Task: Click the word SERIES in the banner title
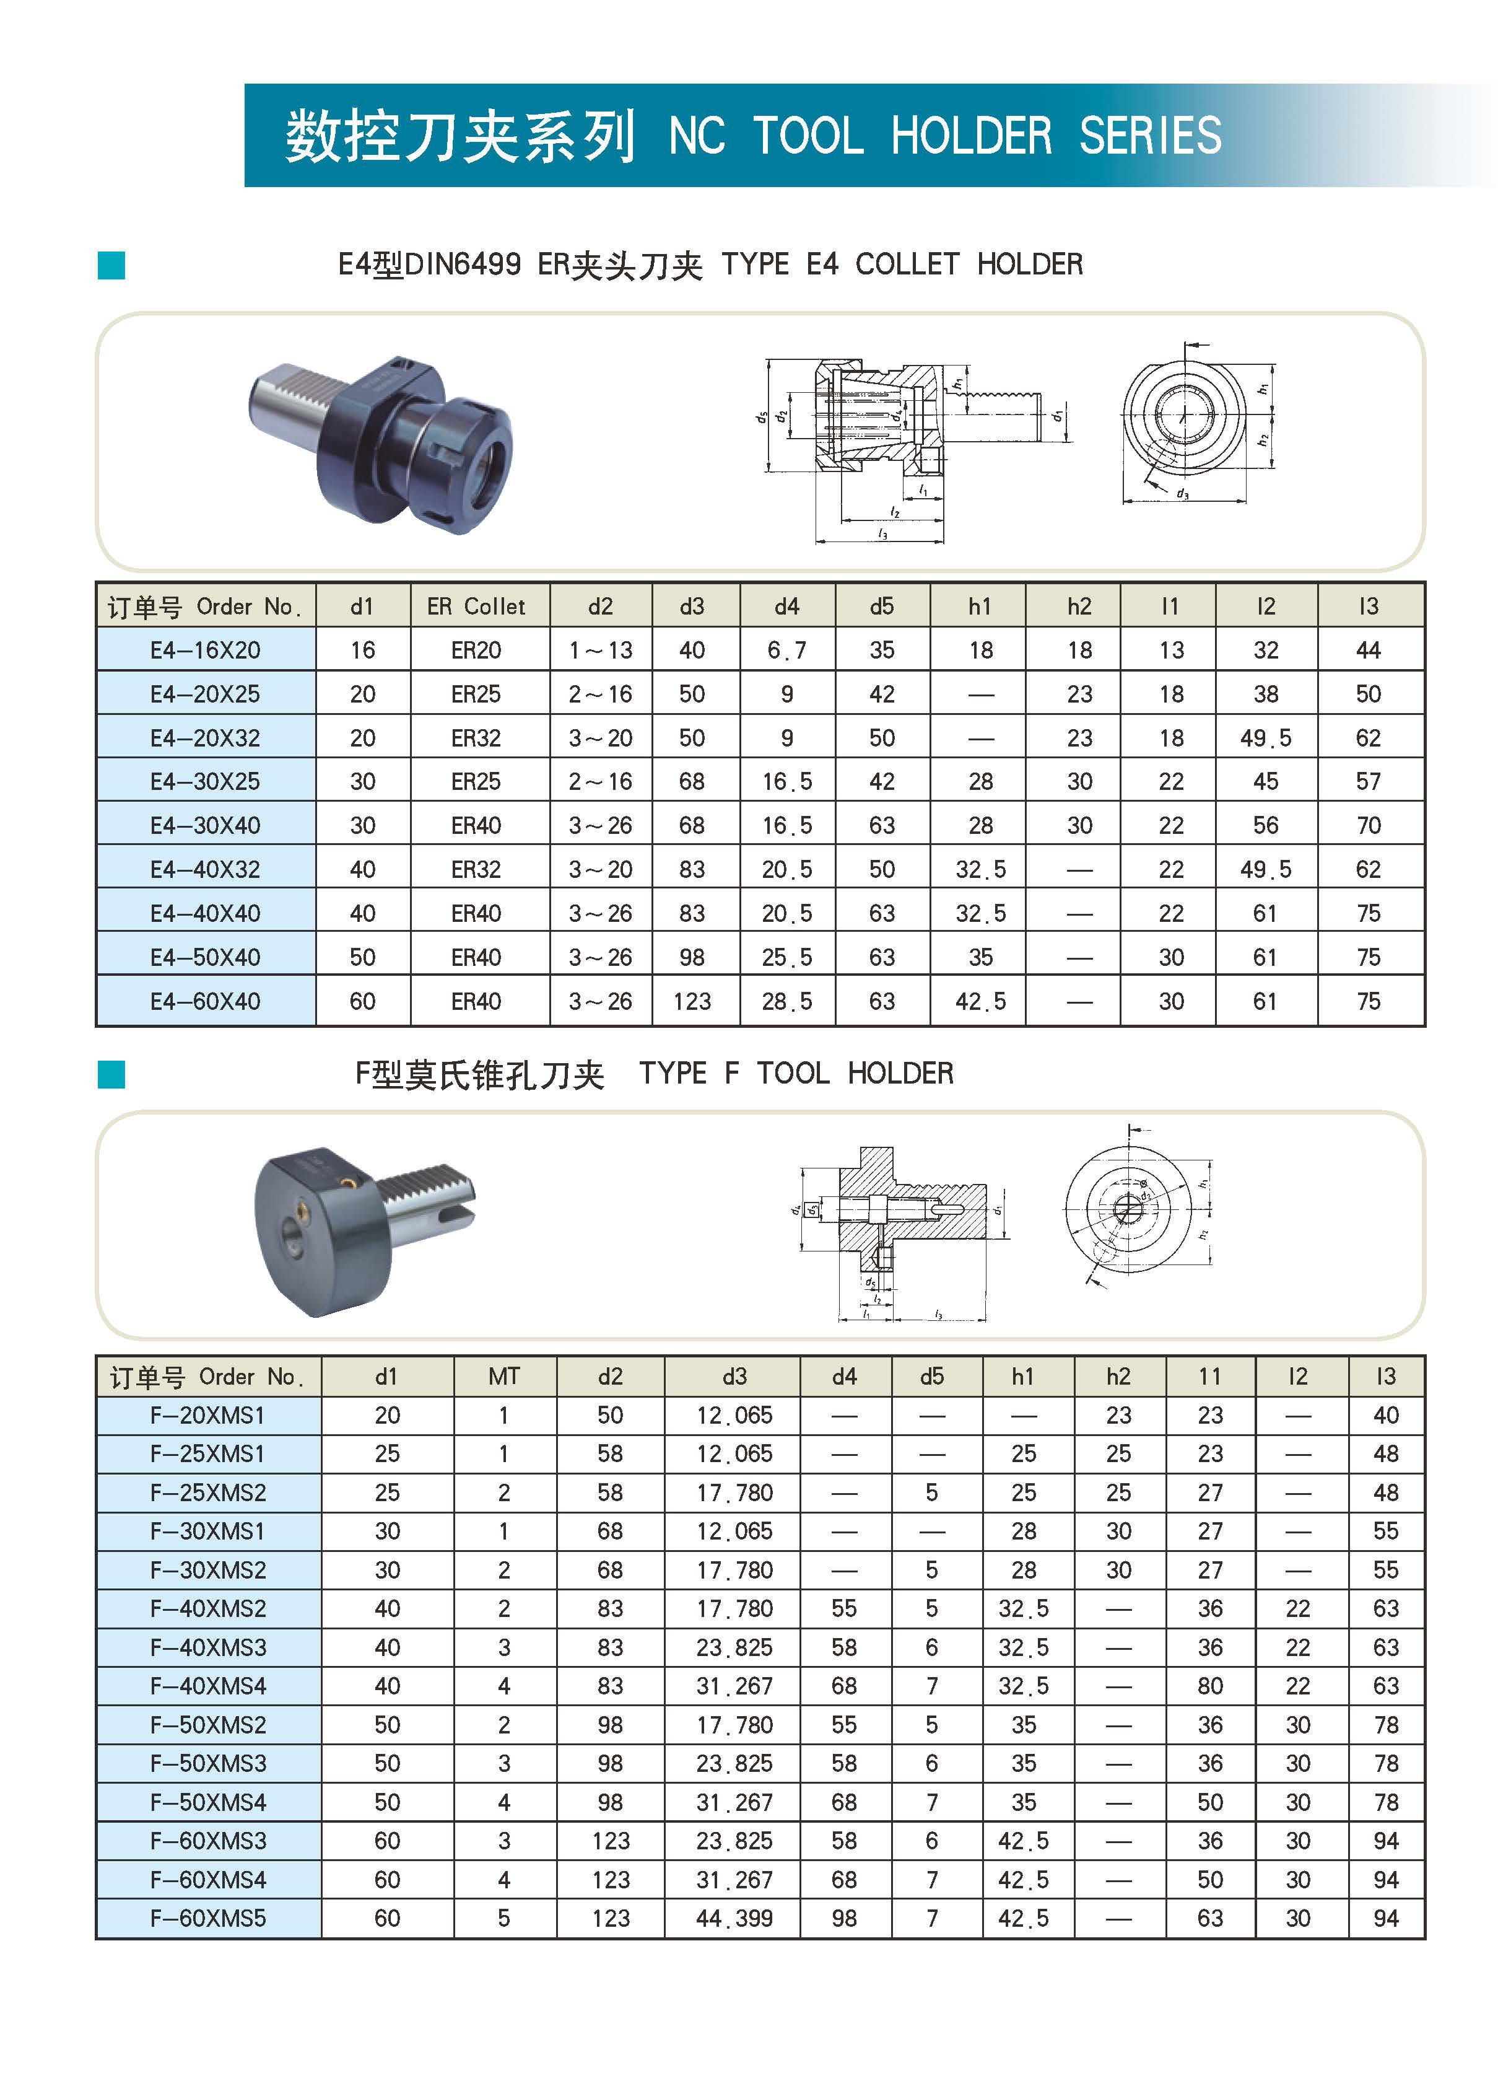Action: (x=1149, y=136)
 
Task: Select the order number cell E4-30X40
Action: (x=205, y=825)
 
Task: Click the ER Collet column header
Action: (x=476, y=606)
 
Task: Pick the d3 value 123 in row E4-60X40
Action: (x=692, y=1001)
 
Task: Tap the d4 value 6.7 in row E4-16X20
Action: (x=787, y=651)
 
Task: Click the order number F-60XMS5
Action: (x=208, y=1917)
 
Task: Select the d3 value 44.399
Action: (x=734, y=1917)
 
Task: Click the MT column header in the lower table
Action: (x=504, y=1376)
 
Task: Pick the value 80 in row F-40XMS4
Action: (x=1209, y=1686)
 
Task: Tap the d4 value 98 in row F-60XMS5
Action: (x=843, y=1917)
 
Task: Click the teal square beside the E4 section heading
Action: (x=111, y=266)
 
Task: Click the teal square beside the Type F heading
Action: (x=111, y=1074)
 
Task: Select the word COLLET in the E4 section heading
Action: (x=906, y=265)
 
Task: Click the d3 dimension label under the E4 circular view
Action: (x=1183, y=495)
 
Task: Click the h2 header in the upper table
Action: (x=1079, y=606)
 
